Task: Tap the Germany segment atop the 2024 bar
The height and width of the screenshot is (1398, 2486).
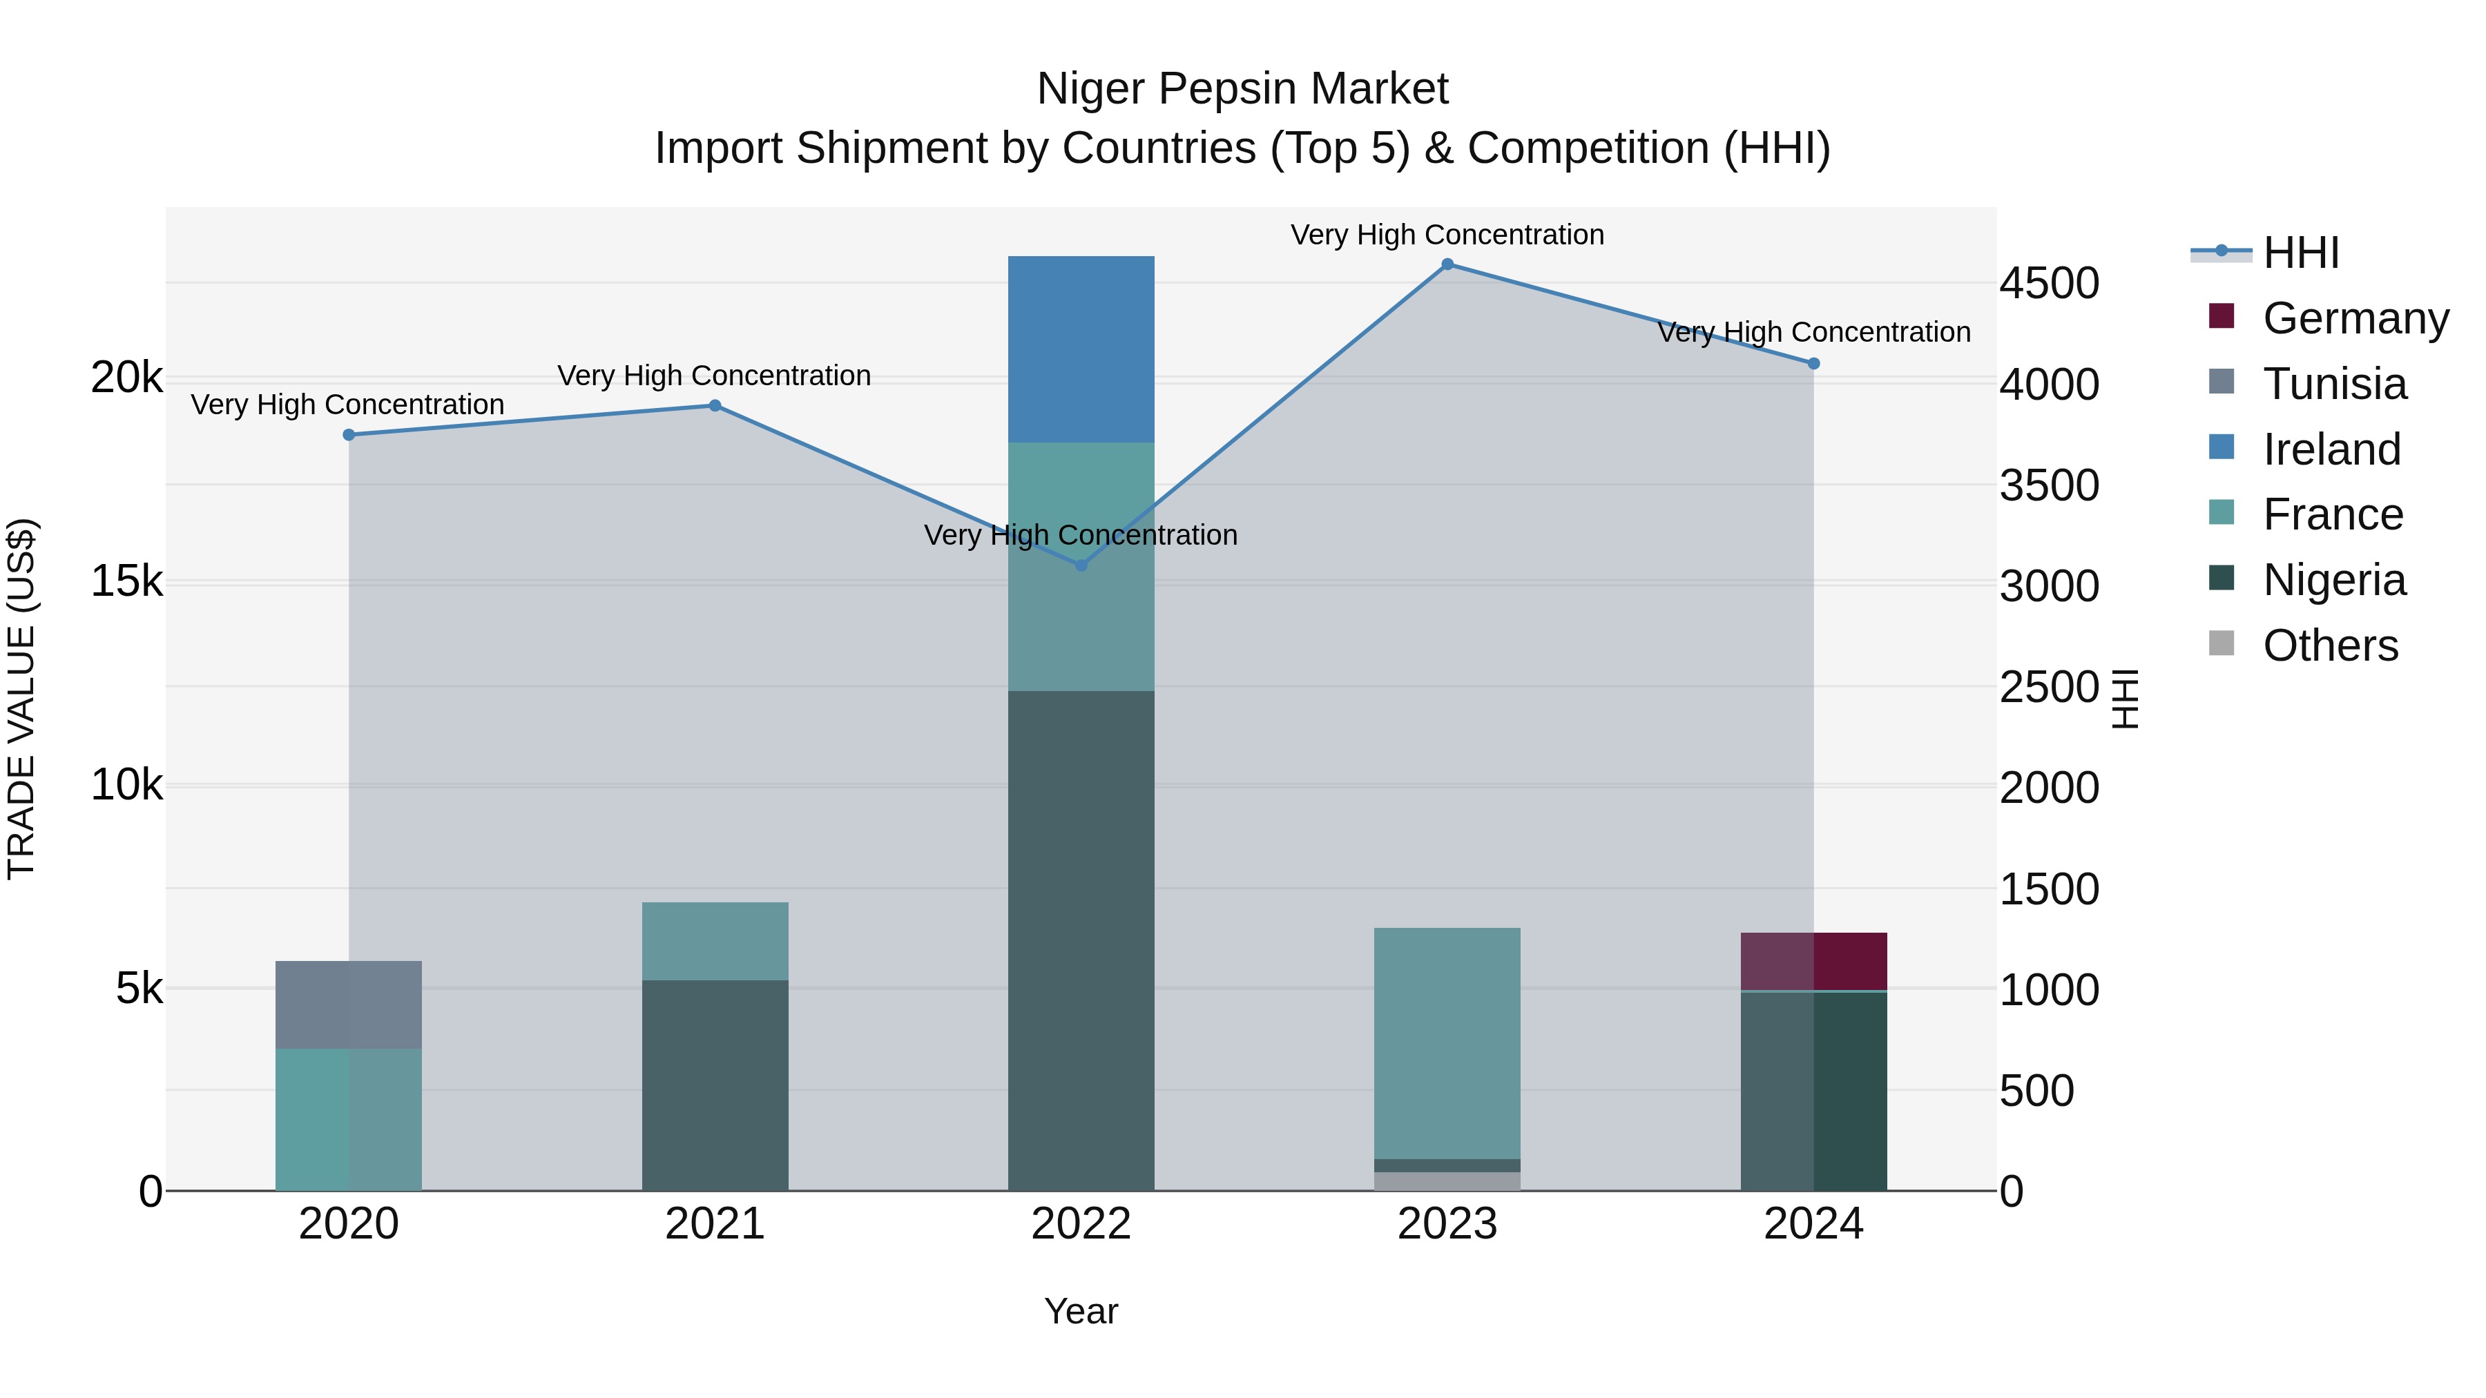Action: (x=1813, y=961)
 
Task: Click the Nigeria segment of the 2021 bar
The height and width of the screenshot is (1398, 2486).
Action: (x=715, y=1085)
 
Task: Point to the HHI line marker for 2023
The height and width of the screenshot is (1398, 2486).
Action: (x=1447, y=264)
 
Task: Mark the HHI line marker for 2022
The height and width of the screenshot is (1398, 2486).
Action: (x=1081, y=565)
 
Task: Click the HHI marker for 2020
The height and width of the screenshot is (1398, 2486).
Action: (x=349, y=435)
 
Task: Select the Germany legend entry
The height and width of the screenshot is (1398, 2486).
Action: (x=2355, y=318)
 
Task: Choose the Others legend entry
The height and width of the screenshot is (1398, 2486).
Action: (x=2330, y=645)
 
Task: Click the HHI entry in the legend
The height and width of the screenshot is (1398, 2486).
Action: (x=2301, y=253)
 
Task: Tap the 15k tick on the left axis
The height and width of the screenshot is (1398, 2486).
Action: (x=126, y=582)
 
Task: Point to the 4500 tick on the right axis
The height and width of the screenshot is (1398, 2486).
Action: (x=2048, y=284)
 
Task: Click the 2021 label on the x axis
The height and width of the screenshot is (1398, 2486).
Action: (x=715, y=1224)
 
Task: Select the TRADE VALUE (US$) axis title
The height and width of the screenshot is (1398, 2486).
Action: (x=21, y=699)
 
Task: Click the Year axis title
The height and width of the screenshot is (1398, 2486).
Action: (x=1081, y=1311)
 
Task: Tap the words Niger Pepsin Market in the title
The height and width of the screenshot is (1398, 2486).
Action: (x=1242, y=89)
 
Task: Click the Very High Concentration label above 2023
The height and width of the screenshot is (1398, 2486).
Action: (x=1447, y=235)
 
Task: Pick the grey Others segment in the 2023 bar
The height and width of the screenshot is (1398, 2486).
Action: (x=1447, y=1181)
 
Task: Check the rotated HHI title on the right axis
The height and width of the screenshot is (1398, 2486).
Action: (x=2124, y=699)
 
